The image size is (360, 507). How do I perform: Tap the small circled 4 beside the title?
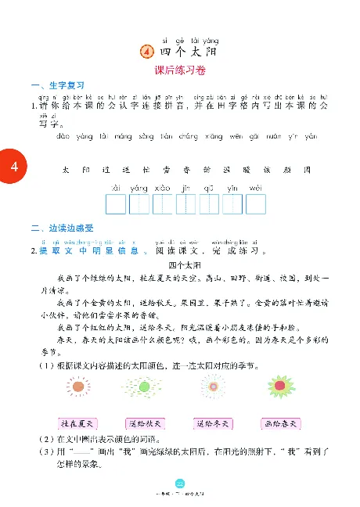click(145, 52)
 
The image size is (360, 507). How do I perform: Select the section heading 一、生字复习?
click(56, 85)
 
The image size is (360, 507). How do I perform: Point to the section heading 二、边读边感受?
click(63, 228)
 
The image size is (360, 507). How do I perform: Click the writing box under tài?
click(116, 205)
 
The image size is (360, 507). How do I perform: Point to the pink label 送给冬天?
click(211, 423)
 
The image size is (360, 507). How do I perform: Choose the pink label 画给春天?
click(278, 423)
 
